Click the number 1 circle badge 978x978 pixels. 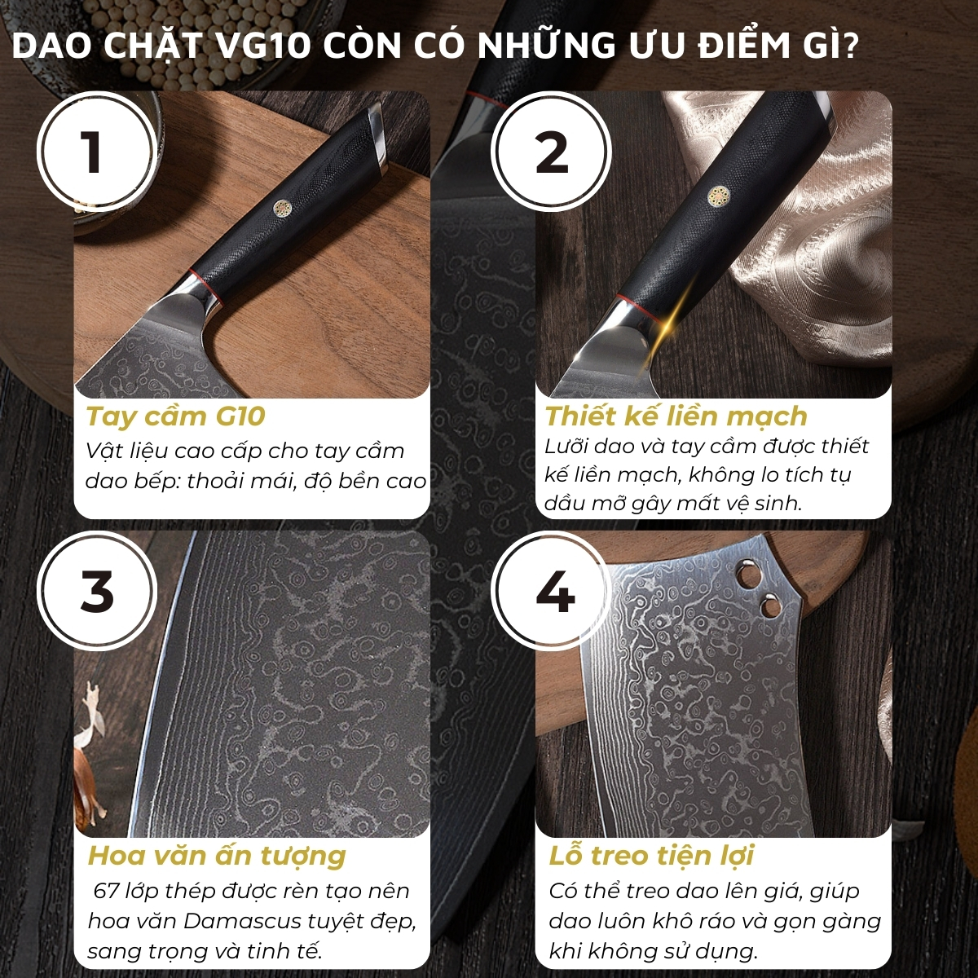(x=95, y=151)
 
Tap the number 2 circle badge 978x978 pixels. (x=552, y=151)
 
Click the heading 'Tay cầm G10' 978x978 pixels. (x=175, y=416)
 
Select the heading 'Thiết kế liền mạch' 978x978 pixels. (x=676, y=416)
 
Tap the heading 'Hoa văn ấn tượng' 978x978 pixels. (x=217, y=857)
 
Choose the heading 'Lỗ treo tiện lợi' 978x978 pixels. (x=650, y=857)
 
